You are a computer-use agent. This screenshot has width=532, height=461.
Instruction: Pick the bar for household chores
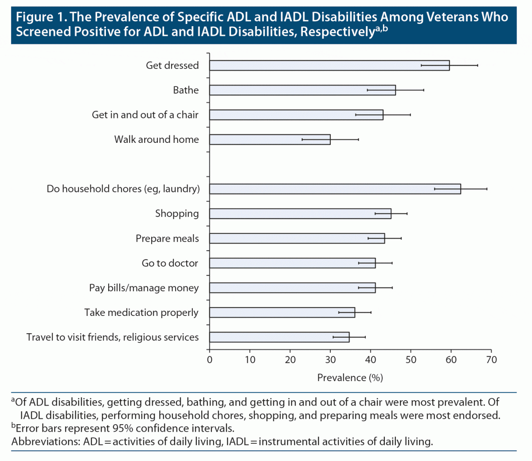[335, 189]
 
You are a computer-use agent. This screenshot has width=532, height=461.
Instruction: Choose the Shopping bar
[300, 213]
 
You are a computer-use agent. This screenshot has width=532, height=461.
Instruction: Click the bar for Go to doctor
[292, 263]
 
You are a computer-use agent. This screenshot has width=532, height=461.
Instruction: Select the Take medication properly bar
[282, 312]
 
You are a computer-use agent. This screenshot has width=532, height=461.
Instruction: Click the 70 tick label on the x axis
[491, 359]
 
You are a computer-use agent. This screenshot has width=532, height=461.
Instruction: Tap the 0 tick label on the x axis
[210, 359]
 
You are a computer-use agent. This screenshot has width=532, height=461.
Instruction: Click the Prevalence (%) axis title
[350, 378]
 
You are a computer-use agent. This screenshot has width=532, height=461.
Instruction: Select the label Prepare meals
[167, 239]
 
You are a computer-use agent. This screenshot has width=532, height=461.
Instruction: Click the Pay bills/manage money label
[144, 288]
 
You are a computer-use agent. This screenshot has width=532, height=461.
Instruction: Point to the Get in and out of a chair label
[145, 115]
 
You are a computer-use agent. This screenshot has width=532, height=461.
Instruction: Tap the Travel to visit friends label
[112, 337]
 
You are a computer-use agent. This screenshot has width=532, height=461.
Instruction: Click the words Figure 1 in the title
[41, 17]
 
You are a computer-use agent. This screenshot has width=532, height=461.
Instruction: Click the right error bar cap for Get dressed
[477, 65]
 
